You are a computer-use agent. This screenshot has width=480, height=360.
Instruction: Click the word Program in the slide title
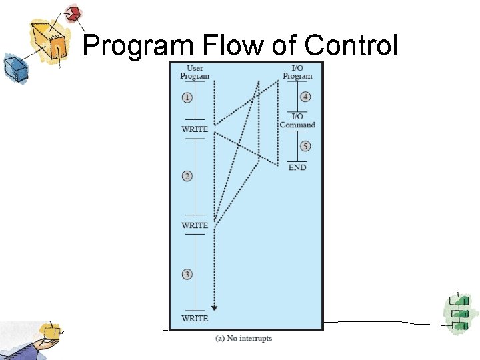coord(138,45)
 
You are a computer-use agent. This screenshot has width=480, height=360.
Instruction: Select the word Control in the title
coord(352,45)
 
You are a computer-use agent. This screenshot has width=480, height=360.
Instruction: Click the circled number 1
coord(187,97)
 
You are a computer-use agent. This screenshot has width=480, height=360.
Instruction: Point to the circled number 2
coord(187,176)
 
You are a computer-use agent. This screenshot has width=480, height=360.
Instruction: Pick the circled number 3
coord(187,274)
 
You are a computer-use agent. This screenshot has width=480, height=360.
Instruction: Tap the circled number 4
coord(305,97)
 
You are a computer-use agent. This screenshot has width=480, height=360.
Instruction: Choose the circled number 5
coord(305,147)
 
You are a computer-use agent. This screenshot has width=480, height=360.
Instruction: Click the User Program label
coord(195,72)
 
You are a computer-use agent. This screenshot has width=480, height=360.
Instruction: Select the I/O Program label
coord(297,72)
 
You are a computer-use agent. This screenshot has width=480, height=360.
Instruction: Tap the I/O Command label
coord(297,121)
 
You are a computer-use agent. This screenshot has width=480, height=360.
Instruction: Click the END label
coord(297,167)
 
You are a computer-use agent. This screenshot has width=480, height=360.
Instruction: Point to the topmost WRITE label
coord(195,129)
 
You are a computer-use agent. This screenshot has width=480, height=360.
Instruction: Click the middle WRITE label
coord(195,225)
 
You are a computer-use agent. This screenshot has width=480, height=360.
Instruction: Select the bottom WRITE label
coord(195,318)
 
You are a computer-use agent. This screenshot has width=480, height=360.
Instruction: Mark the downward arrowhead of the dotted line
coord(214,307)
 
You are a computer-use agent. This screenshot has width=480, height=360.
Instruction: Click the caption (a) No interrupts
coord(243,339)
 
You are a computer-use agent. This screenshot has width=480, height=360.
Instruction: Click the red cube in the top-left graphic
coord(73,13)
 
